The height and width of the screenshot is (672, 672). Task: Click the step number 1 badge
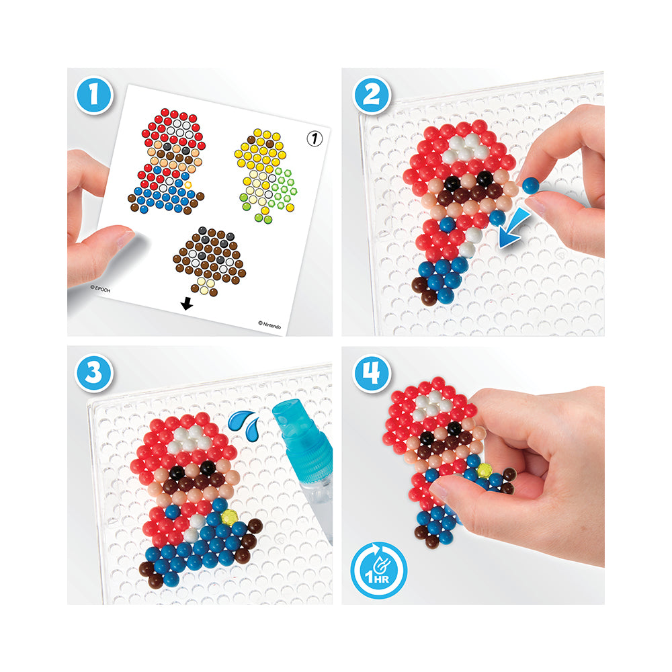pos(94,95)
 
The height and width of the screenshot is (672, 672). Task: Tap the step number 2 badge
pos(371,95)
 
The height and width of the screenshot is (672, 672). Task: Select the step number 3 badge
pos(94,372)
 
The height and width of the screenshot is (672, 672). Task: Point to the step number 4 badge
pos(371,373)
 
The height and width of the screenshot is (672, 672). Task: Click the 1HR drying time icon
pos(378,570)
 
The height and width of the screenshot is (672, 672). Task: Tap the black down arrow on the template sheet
pos(187,304)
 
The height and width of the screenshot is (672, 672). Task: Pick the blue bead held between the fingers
pos(531,185)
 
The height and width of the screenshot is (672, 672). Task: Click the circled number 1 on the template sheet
pos(315,138)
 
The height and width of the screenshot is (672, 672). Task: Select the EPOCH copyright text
pos(100,289)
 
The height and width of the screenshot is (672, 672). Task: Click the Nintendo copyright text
pos(269,325)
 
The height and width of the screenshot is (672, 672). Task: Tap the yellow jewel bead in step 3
pos(230,517)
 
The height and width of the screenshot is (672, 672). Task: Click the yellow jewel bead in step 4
pos(485,470)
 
